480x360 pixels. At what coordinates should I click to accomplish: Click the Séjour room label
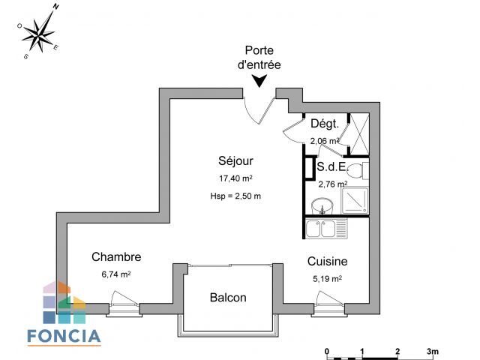(x=235, y=161)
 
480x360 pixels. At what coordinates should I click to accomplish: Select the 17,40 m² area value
(x=235, y=179)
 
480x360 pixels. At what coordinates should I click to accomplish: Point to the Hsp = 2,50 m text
(x=235, y=196)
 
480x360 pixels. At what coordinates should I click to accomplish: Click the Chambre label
(x=116, y=257)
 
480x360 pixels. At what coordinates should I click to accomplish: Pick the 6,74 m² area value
(x=115, y=274)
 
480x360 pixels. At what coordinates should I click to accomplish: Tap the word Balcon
(x=227, y=298)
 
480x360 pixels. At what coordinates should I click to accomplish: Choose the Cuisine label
(x=327, y=262)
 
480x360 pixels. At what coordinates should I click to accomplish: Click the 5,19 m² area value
(x=326, y=278)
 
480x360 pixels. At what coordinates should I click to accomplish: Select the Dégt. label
(x=325, y=124)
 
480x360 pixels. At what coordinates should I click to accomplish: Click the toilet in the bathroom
(x=360, y=171)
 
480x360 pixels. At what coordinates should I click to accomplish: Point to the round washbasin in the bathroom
(x=323, y=205)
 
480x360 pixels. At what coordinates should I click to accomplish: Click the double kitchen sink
(x=325, y=228)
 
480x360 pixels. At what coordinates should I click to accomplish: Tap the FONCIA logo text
(x=64, y=335)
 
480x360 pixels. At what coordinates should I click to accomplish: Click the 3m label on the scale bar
(x=433, y=350)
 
